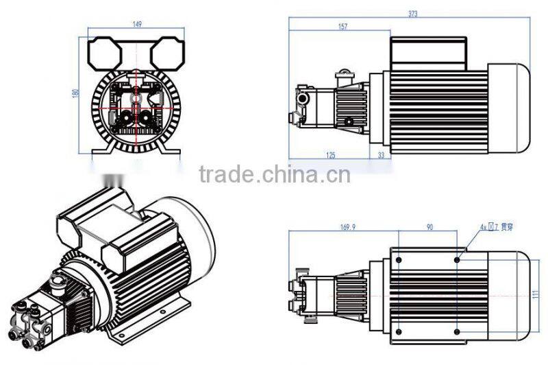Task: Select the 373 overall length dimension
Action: pos(414,13)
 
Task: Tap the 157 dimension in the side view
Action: pos(342,27)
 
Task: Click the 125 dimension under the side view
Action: pos(331,155)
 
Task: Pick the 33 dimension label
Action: pos(381,155)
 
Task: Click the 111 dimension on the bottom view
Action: pos(536,293)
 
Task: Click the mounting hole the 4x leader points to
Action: pos(458,259)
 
